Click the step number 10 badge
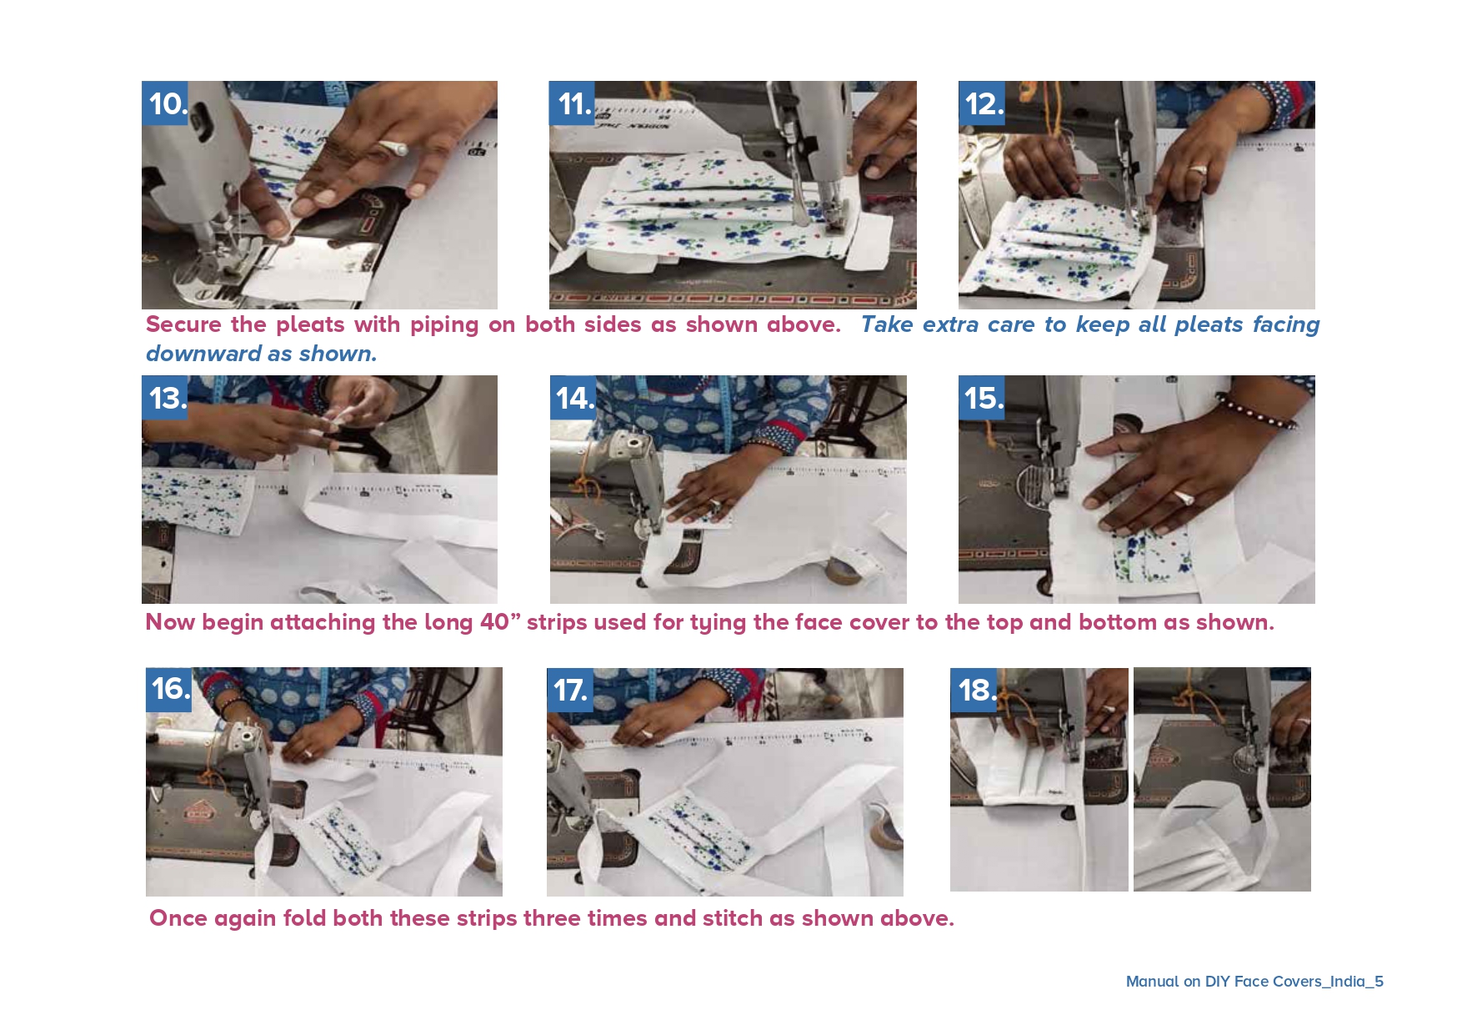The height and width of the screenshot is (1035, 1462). pyautogui.click(x=165, y=103)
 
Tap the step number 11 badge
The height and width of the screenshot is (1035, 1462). pyautogui.click(x=572, y=103)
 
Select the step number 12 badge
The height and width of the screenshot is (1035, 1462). pyautogui.click(x=982, y=103)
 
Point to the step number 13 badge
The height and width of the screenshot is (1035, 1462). pyautogui.click(x=165, y=398)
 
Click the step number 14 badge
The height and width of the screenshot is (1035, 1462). pyautogui.click(x=573, y=398)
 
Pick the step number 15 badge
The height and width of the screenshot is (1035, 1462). pyautogui.click(x=982, y=398)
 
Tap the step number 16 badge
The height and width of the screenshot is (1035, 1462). pyautogui.click(x=169, y=690)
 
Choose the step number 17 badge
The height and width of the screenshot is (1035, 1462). pyautogui.click(x=570, y=690)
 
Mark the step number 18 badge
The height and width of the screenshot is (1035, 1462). pyautogui.click(x=974, y=690)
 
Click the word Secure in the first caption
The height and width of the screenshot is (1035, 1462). pyautogui.click(x=183, y=324)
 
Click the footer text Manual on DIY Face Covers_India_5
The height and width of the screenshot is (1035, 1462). pyautogui.click(x=1254, y=982)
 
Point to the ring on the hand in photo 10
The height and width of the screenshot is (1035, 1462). pyautogui.click(x=393, y=149)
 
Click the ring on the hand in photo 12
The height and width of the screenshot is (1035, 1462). pyautogui.click(x=1198, y=170)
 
